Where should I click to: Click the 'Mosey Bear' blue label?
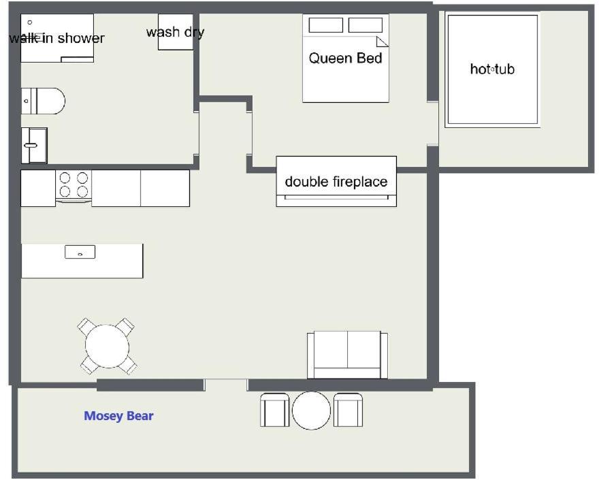pos(118,416)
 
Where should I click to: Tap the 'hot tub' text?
pos(492,69)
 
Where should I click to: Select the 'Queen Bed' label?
pos(345,58)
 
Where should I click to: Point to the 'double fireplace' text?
pos(336,182)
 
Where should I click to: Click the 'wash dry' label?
pos(175,32)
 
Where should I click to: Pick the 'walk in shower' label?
pos(57,38)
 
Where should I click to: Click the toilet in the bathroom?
pos(43,101)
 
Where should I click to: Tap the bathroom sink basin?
pos(34,146)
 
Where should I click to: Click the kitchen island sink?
pos(80,252)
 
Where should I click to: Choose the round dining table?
pos(107,346)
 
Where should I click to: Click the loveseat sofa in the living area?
pos(347,355)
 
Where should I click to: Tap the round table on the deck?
pos(311,410)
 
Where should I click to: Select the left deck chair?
pos(275,410)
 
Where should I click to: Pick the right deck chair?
pos(348,410)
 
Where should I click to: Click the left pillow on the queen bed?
pos(325,25)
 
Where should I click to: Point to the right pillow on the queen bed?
pos(366,25)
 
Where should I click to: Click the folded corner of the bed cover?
pos(383,42)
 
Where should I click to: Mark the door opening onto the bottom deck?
pos(226,385)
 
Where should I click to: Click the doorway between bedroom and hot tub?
pos(432,123)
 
